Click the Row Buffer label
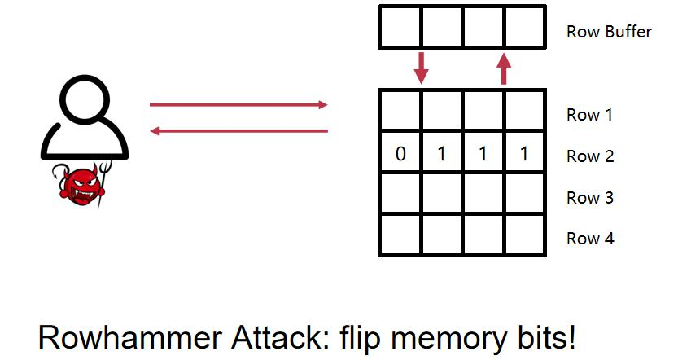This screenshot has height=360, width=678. click(x=609, y=33)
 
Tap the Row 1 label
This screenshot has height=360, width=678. click(x=590, y=115)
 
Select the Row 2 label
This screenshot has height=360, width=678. click(x=590, y=156)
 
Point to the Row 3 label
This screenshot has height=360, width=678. click(x=590, y=198)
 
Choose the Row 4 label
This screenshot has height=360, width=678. click(x=590, y=239)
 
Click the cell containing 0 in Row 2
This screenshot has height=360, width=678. click(x=400, y=153)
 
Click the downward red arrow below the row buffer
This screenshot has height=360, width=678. click(x=421, y=68)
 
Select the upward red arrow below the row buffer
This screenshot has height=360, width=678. click(x=504, y=68)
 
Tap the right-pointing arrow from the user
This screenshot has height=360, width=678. click(x=238, y=105)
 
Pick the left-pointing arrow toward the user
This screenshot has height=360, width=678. click(x=238, y=130)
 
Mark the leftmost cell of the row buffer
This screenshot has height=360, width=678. click(x=400, y=28)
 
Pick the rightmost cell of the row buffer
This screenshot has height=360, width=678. click(x=524, y=28)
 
